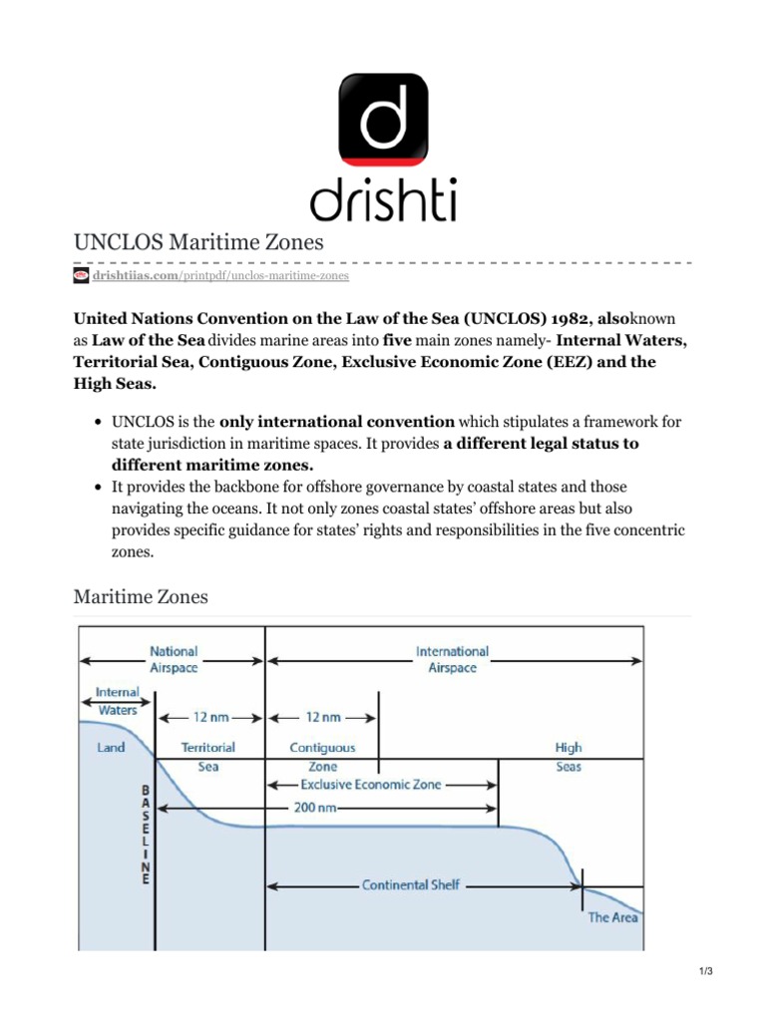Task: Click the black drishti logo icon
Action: (x=384, y=123)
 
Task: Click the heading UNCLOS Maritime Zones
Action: (x=199, y=242)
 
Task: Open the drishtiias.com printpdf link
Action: (x=220, y=275)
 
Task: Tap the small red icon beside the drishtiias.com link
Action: (x=82, y=275)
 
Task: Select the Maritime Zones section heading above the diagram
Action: (x=141, y=596)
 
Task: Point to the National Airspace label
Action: (x=174, y=659)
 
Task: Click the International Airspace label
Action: (x=452, y=659)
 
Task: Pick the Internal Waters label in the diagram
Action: (x=118, y=701)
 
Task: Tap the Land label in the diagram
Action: (x=111, y=747)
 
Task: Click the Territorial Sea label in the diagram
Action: (x=207, y=757)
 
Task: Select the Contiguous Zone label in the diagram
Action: (x=322, y=757)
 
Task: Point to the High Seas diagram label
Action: (x=569, y=757)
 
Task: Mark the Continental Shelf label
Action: (x=411, y=884)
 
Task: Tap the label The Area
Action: (x=612, y=917)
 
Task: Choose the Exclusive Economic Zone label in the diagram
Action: (x=371, y=785)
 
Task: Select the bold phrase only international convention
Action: (x=337, y=422)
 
